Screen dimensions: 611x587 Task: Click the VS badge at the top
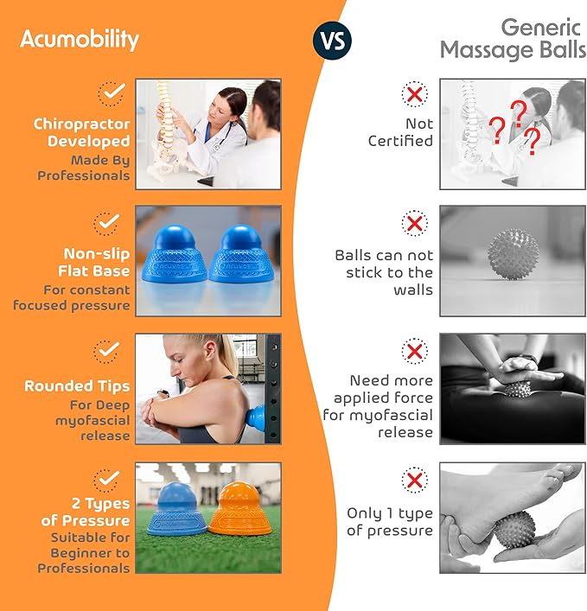(x=329, y=40)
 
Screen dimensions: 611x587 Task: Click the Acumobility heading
(x=79, y=39)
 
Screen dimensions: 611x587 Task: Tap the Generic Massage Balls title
(x=512, y=38)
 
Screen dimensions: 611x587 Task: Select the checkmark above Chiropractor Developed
(x=109, y=92)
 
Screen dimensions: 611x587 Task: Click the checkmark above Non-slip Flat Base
(x=107, y=223)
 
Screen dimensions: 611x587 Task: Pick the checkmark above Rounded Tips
(x=107, y=351)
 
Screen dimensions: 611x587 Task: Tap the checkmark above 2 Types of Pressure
(x=108, y=477)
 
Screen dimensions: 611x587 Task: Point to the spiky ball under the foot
(x=515, y=529)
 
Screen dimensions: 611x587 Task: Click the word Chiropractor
(x=81, y=124)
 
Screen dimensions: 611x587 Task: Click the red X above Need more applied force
(x=415, y=351)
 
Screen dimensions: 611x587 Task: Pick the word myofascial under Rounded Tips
(x=94, y=420)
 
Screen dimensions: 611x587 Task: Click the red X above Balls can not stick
(x=415, y=224)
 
